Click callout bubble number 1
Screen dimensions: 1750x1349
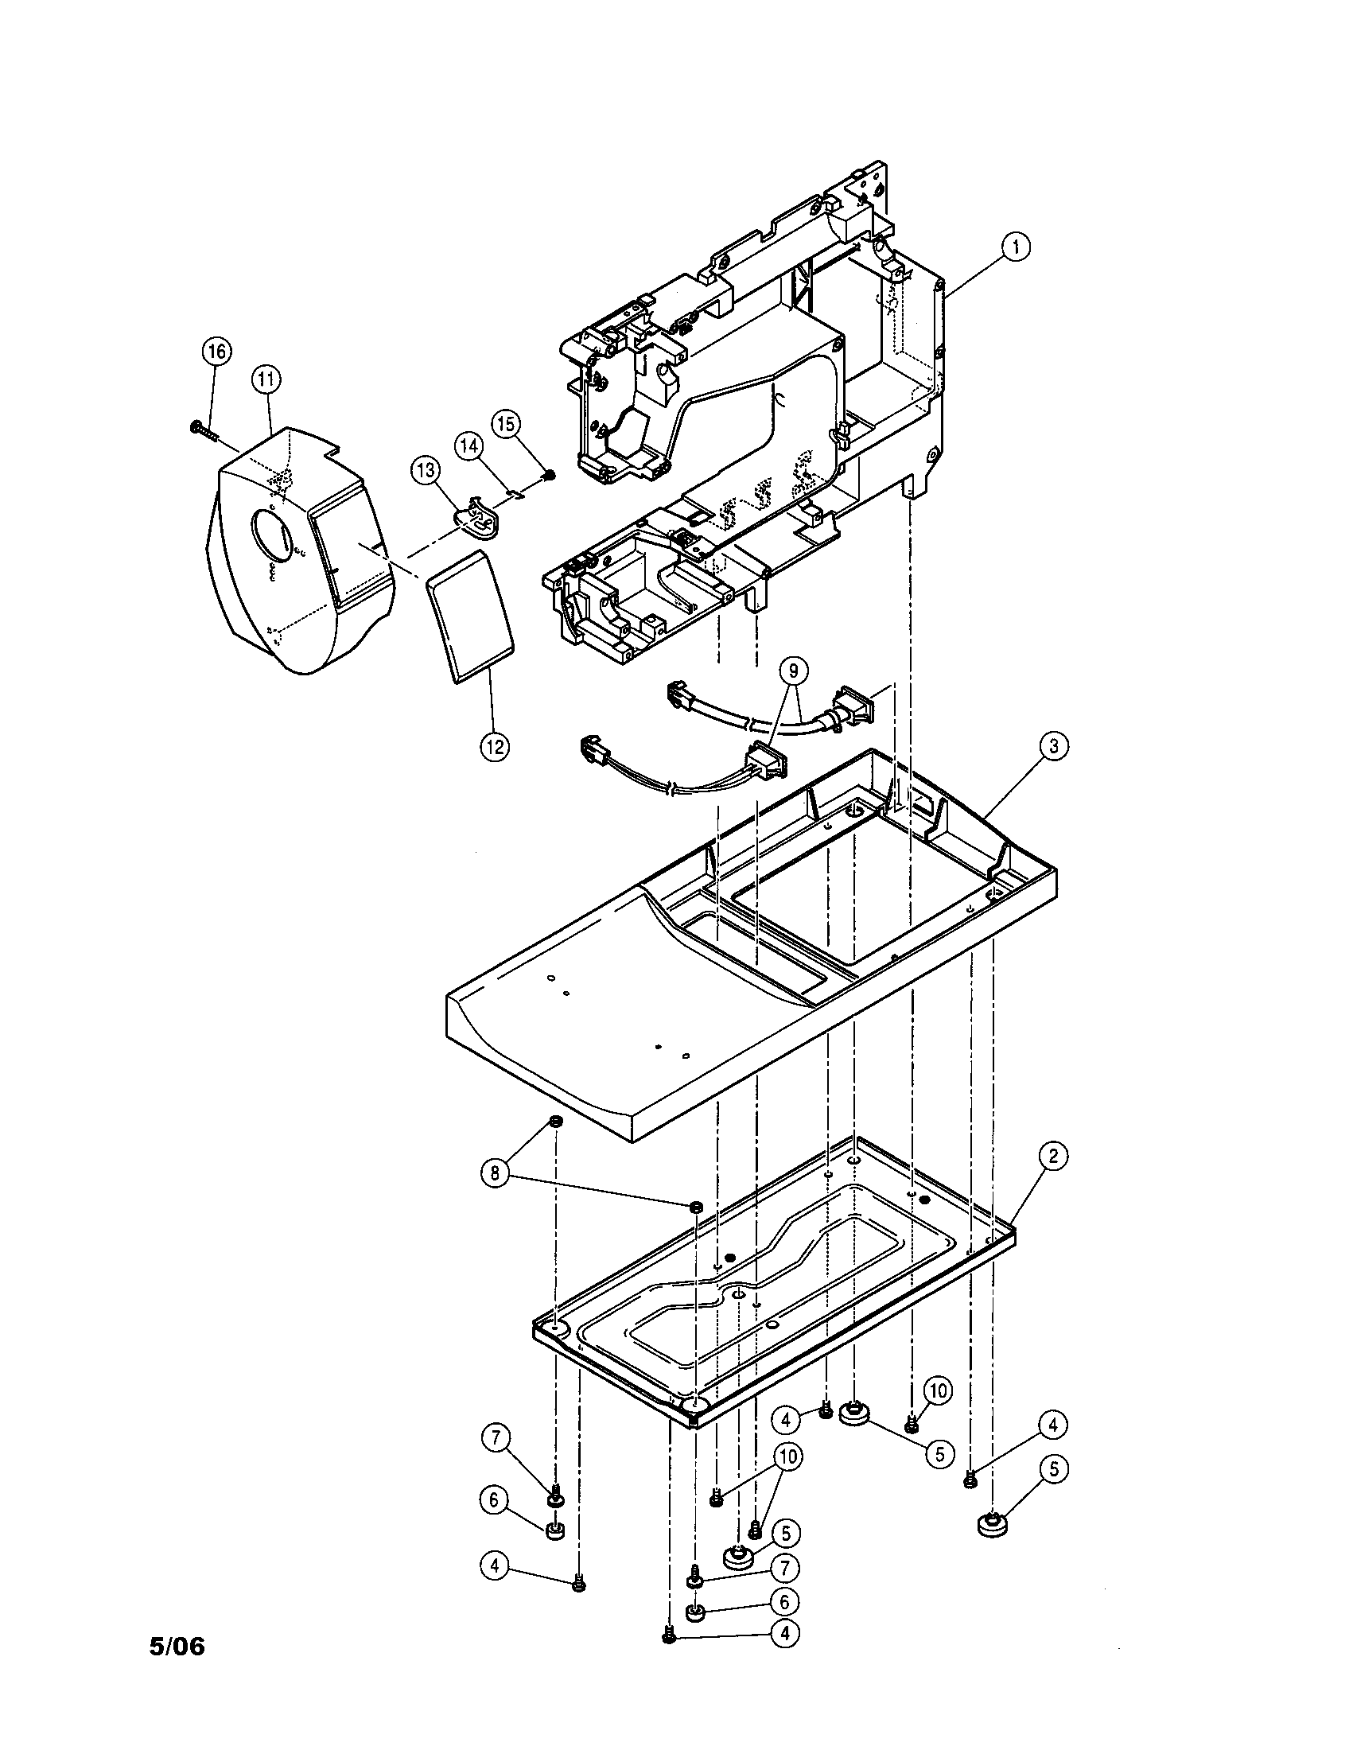[1016, 247]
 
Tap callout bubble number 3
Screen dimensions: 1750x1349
[1053, 746]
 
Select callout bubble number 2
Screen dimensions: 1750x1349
[1053, 1156]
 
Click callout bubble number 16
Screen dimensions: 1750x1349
[216, 352]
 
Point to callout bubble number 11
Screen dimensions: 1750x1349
[266, 379]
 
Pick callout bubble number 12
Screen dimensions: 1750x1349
[494, 747]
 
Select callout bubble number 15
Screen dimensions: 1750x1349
[505, 424]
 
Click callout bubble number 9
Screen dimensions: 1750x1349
[793, 671]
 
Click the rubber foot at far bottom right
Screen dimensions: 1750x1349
[993, 1525]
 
